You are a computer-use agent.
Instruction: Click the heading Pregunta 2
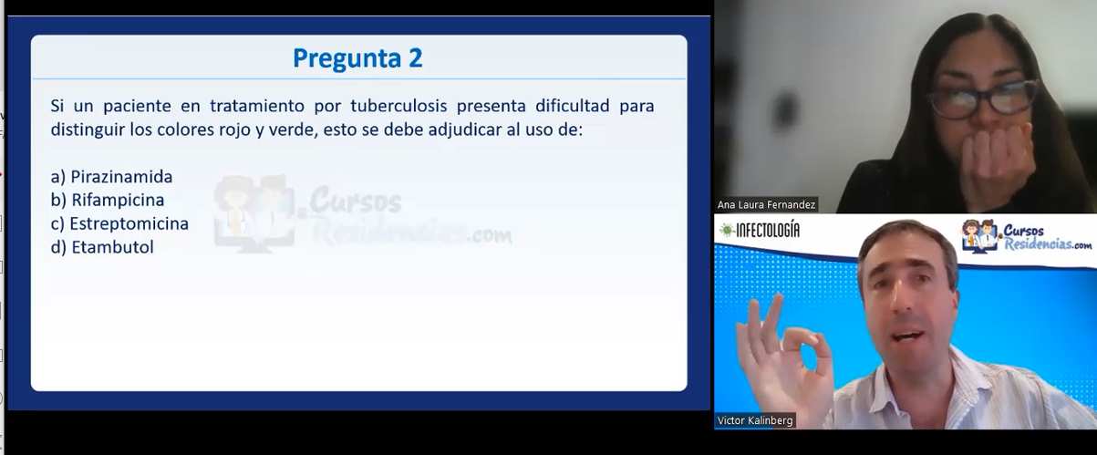pyautogui.click(x=357, y=58)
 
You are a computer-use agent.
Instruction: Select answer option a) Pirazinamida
pyautogui.click(x=111, y=177)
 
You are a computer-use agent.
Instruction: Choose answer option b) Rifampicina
pyautogui.click(x=108, y=201)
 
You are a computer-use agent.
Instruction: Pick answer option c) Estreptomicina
pyautogui.click(x=119, y=223)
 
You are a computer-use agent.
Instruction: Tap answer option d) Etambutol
pyautogui.click(x=102, y=247)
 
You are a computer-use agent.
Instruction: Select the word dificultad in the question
pyautogui.click(x=572, y=106)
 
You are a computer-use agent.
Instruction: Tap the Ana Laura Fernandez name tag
pyautogui.click(x=766, y=205)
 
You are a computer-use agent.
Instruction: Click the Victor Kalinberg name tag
pyautogui.click(x=755, y=420)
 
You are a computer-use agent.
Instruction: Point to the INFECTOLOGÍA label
pyautogui.click(x=761, y=230)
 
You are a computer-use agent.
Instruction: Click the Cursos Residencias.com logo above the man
pyautogui.click(x=1027, y=236)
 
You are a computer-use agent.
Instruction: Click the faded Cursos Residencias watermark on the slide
pyautogui.click(x=362, y=213)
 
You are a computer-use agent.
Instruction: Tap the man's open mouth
pyautogui.click(x=907, y=337)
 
